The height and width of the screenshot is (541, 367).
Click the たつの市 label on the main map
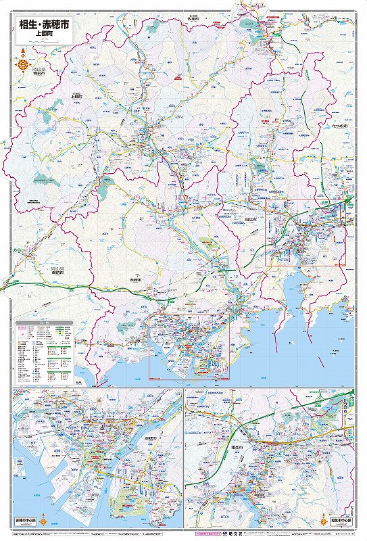(340, 126)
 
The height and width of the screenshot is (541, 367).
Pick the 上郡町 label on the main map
(76, 96)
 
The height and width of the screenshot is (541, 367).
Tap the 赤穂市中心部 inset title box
(25, 522)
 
